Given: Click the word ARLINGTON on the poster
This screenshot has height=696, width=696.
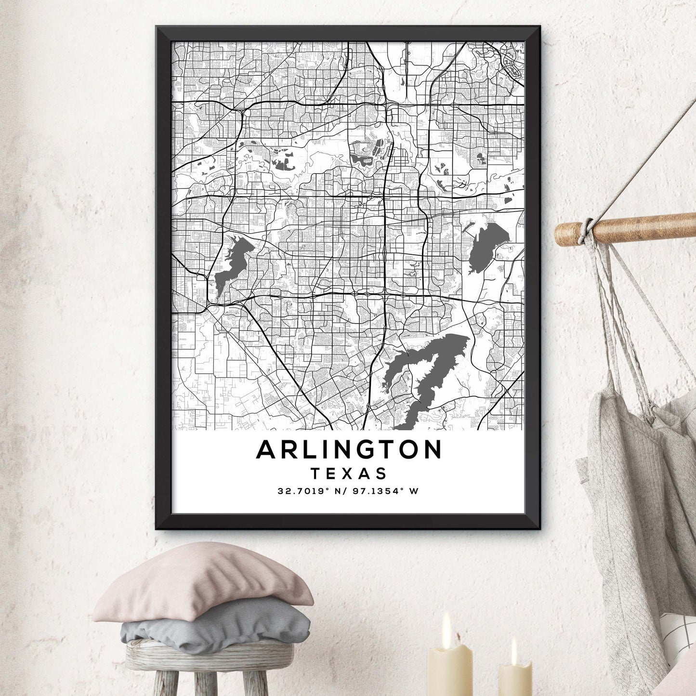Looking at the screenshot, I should pyautogui.click(x=349, y=449).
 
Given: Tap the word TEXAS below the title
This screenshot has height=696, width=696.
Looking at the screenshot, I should pyautogui.click(x=349, y=473).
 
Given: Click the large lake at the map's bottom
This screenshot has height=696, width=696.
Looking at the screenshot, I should pyautogui.click(x=424, y=376).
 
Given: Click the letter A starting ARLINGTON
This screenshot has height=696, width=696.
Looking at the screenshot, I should pyautogui.click(x=266, y=449).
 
